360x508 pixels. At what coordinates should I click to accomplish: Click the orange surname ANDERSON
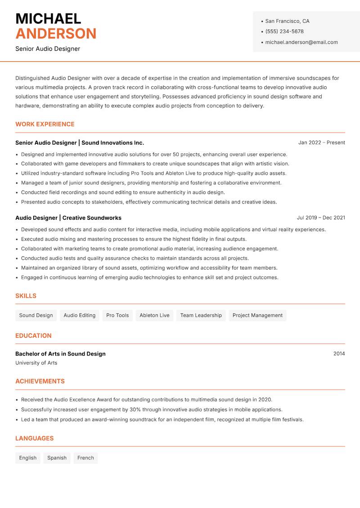coord(56,34)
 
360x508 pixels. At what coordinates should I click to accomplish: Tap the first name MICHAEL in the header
coord(48,19)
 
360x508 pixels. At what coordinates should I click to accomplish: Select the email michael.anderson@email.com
coord(301,42)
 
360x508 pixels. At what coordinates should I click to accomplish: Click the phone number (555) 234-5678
coord(284,31)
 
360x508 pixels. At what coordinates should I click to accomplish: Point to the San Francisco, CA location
coord(287,21)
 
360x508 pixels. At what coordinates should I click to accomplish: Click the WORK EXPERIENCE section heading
coord(45,124)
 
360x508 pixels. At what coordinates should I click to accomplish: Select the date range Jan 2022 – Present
coord(321,143)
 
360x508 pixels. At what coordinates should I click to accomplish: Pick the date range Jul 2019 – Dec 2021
coord(320,218)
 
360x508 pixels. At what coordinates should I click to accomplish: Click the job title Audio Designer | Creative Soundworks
coord(68,218)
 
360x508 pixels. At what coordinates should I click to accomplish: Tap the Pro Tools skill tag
coord(117,315)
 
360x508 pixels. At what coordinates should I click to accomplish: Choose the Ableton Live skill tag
coord(154,315)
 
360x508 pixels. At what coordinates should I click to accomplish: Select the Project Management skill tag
coord(257,315)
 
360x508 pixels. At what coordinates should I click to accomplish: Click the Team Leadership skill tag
coord(201,315)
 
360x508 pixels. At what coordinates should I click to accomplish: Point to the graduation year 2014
coord(339,354)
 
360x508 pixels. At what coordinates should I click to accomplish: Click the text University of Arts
coord(36,363)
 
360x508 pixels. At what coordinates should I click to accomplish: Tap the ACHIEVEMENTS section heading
coord(40,381)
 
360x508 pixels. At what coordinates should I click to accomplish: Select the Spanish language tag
coord(57,458)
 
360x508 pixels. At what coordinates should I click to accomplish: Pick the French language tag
coord(85,458)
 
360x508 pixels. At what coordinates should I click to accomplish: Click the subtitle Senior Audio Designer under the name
coord(48,49)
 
